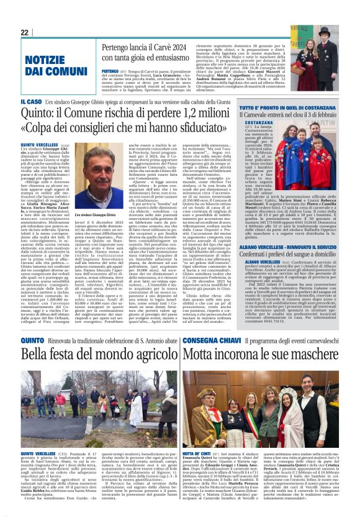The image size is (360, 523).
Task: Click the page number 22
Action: [24, 32]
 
